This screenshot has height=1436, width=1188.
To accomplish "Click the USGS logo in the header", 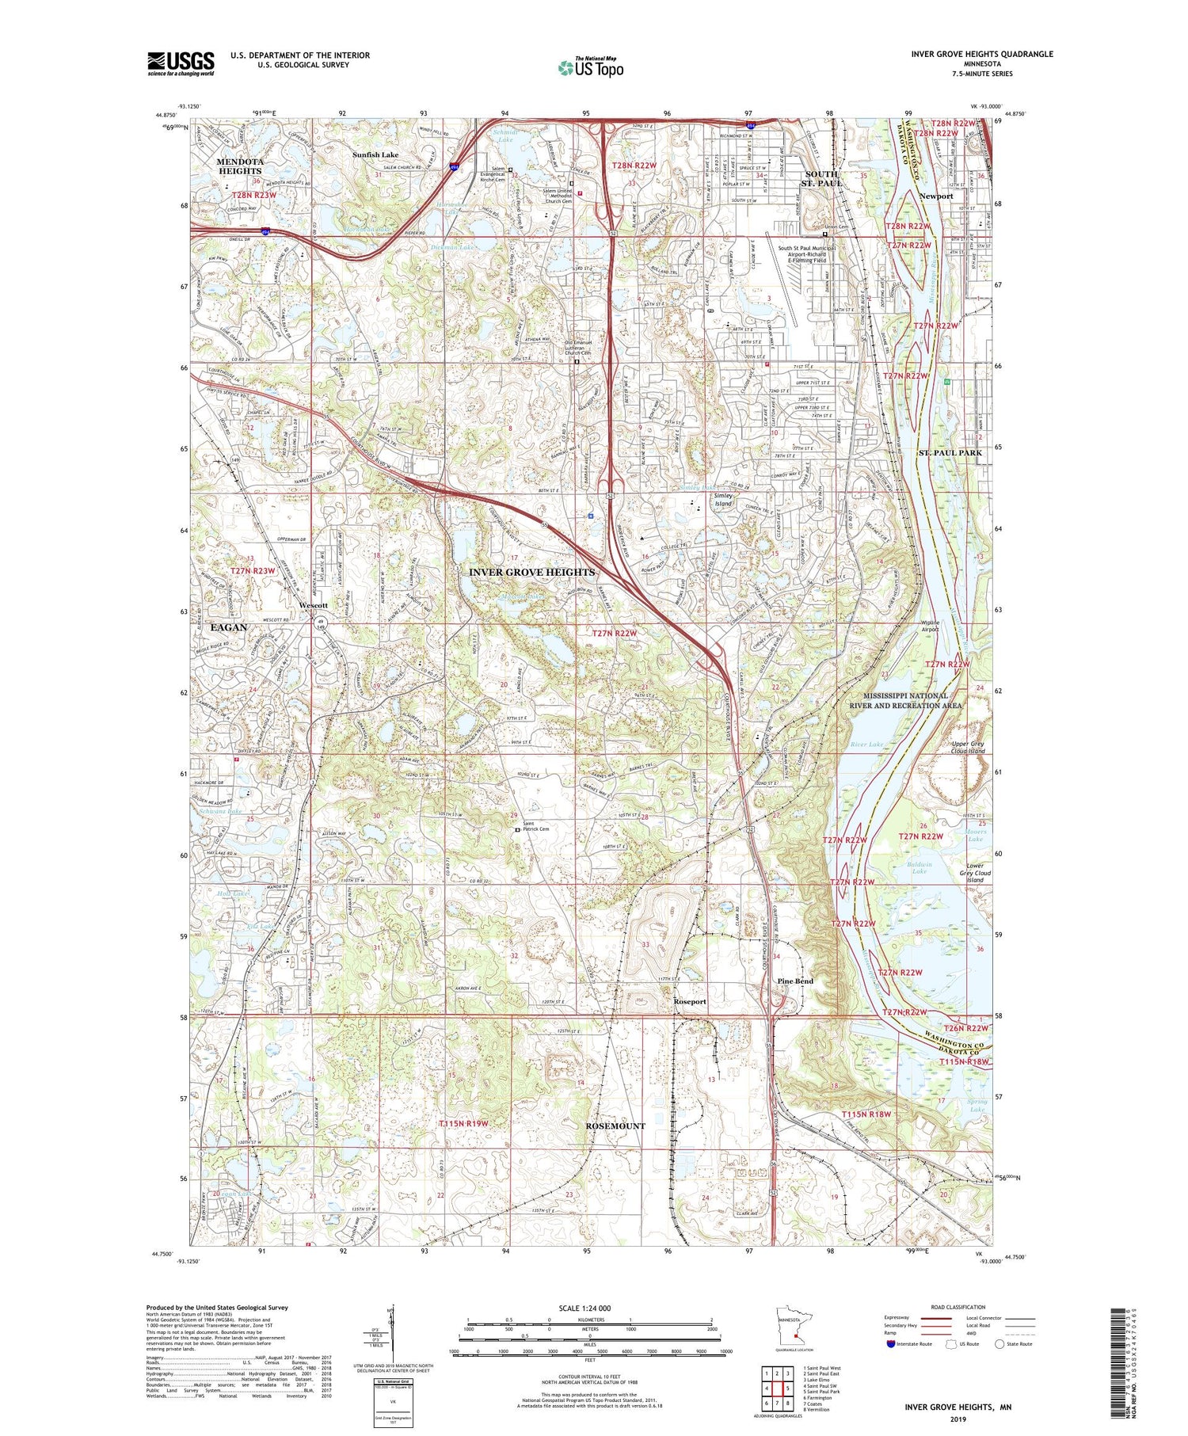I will pos(181,63).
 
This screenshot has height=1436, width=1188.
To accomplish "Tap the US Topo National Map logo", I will pos(590,67).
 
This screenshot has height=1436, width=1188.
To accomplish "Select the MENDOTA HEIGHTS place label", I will pos(240,166).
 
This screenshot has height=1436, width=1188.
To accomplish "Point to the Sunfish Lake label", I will pos(375,154).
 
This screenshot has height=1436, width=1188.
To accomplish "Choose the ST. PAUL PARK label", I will pos(950,453).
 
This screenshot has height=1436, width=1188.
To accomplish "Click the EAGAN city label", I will pos(229,627).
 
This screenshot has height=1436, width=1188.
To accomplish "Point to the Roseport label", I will pos(690,1001).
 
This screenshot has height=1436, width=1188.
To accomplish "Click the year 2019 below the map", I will pos(959,1419).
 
